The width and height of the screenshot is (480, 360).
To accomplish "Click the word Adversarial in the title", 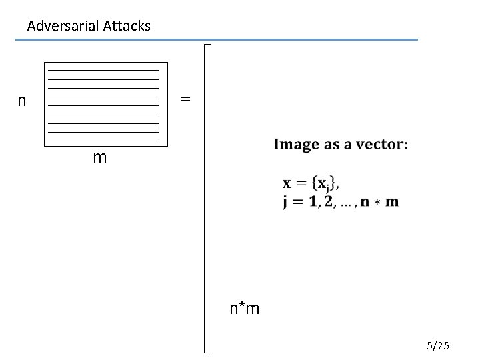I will (x=63, y=27).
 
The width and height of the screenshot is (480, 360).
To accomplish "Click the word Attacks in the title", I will (x=127, y=27).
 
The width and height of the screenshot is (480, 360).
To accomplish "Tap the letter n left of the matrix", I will (x=23, y=101).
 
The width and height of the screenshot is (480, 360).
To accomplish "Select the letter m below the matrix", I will (x=100, y=159).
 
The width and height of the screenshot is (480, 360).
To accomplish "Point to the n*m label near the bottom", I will (x=245, y=309).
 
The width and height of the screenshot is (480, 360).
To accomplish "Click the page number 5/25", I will (x=439, y=345).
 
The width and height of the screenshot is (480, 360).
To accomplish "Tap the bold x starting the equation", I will (x=287, y=183).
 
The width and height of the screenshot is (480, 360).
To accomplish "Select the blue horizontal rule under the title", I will (x=217, y=40).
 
